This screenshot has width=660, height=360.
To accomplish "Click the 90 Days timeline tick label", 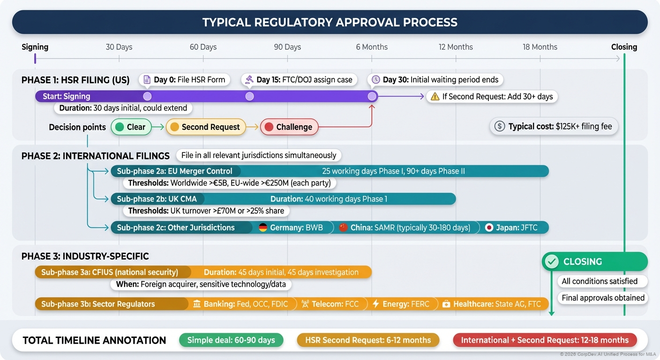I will coord(287,47).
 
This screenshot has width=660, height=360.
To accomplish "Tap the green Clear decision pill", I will coord(131,127).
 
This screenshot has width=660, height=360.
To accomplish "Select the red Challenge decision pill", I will coord(289,127).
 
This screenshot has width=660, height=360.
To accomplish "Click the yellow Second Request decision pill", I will coord(205,127).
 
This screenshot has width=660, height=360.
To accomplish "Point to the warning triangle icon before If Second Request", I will coord(435,97).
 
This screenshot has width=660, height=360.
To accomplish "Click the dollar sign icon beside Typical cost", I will coord(500,126).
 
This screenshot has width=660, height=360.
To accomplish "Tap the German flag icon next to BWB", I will coord(263,228).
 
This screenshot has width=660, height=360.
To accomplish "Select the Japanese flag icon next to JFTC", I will coord(489,228).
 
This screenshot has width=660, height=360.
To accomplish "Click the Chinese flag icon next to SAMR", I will coord(343,228).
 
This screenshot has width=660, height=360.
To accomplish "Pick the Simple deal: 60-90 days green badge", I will coord(231,340).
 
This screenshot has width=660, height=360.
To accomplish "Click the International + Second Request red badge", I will coord(545,340).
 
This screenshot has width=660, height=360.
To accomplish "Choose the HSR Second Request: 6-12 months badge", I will coord(368,340).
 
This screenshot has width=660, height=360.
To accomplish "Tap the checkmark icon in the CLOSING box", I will coord(552,262).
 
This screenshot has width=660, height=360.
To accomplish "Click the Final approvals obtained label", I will coord(603,298).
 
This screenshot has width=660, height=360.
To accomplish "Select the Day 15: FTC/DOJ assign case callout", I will coord(299,80).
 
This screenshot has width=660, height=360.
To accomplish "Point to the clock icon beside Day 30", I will coord(375,80).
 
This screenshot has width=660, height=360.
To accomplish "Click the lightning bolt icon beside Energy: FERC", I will coord(375,304).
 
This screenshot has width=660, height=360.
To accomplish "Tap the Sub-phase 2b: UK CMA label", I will coord(157,199).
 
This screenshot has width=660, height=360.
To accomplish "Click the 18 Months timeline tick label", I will coord(540,47).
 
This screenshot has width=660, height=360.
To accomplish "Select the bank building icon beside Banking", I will coord(197,304).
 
